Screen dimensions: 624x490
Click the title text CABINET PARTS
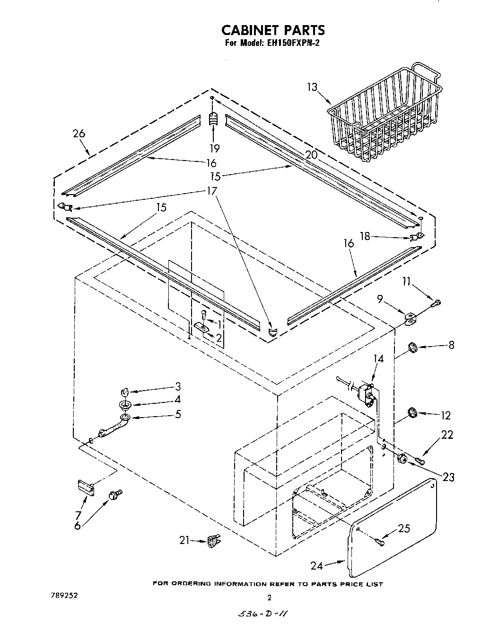tap(273, 30)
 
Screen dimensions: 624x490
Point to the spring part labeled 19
tap(213, 119)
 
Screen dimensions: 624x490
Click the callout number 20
tap(311, 155)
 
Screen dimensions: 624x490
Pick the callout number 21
tap(185, 539)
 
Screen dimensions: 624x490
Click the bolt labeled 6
tap(115, 495)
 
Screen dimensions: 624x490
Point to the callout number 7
tap(79, 515)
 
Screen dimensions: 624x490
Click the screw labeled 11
tap(437, 302)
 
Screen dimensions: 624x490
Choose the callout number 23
tap(448, 477)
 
